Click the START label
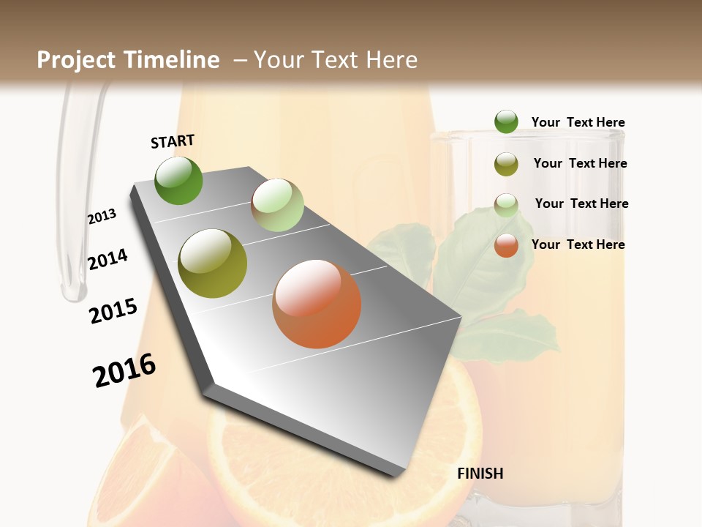point(173,141)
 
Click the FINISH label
point(480,474)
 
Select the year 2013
point(102,217)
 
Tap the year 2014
point(107,259)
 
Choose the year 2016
point(124,370)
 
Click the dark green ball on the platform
point(179,180)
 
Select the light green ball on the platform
point(277,205)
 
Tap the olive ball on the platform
point(213,263)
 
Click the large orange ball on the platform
point(317,304)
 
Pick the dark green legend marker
point(506,122)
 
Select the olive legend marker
point(506,164)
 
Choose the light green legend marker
point(506,205)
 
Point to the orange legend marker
point(506,245)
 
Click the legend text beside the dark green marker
point(578,122)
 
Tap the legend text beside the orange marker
point(578,244)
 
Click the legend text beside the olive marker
point(580,163)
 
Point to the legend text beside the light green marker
point(581,203)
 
